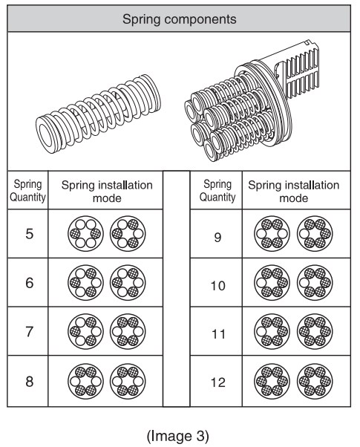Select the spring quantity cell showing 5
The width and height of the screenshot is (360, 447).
click(x=28, y=235)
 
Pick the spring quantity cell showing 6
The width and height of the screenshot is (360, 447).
click(x=28, y=283)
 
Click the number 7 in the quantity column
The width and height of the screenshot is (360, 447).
click(x=28, y=331)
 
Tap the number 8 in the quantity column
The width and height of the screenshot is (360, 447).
click(x=28, y=382)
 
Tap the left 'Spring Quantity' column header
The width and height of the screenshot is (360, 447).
click(x=28, y=191)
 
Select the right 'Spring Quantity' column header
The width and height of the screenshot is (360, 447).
click(x=217, y=191)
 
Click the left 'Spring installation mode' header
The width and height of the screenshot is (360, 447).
click(x=107, y=192)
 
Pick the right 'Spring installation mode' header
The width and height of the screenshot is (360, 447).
click(x=293, y=192)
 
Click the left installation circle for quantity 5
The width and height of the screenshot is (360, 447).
click(x=86, y=235)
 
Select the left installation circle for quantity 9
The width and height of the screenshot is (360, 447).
click(x=273, y=235)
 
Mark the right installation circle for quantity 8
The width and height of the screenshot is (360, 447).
click(x=127, y=382)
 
